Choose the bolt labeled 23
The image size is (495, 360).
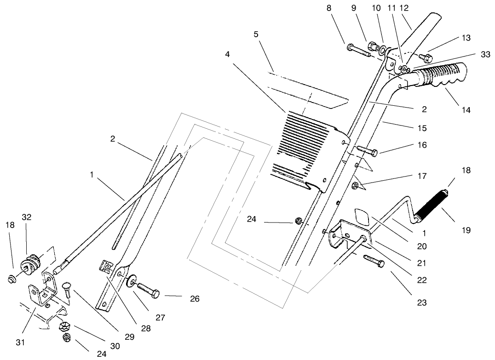373,261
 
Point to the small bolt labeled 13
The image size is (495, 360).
424,58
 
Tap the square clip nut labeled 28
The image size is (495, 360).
105,266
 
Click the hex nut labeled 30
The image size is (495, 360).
64,327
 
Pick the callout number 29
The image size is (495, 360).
129,337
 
